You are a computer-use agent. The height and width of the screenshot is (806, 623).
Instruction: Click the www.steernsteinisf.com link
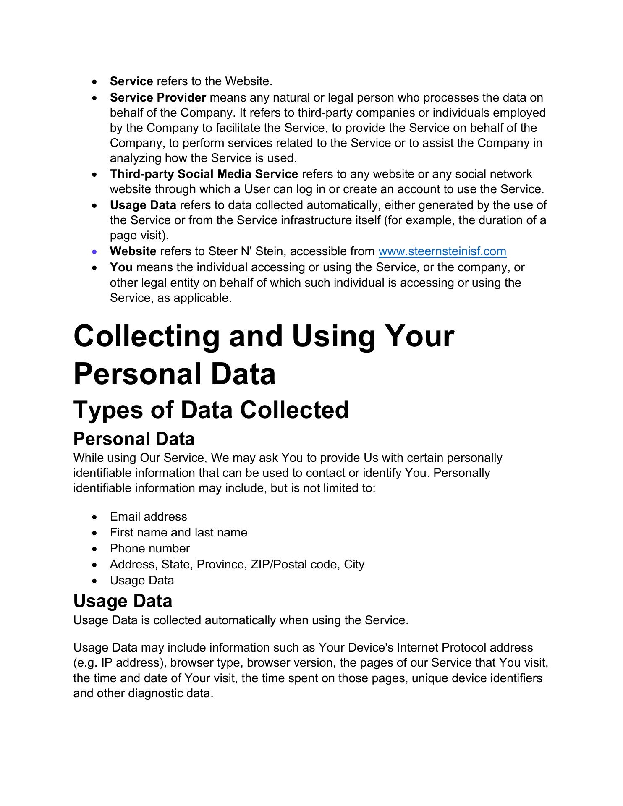(442, 251)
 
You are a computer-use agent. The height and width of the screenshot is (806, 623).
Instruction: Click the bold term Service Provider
(158, 97)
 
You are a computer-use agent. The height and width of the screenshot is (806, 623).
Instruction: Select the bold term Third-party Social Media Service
(204, 174)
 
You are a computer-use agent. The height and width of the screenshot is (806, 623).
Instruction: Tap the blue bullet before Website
(96, 252)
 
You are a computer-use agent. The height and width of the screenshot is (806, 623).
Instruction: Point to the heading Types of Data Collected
(211, 410)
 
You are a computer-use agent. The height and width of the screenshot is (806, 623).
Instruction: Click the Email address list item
(148, 516)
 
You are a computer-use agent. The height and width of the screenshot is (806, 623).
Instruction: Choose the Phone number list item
(149, 548)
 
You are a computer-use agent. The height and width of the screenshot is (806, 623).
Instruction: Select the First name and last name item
(178, 532)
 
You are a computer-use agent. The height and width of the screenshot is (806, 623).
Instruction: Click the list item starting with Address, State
(237, 564)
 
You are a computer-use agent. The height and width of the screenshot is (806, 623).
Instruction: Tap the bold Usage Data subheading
(123, 601)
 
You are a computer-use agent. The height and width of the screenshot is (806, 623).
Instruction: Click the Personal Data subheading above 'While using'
(133, 439)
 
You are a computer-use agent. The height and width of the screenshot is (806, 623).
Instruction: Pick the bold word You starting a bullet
(121, 267)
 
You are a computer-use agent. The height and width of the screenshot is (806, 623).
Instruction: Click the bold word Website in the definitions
(133, 251)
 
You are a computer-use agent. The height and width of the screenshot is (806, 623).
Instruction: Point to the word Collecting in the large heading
(147, 336)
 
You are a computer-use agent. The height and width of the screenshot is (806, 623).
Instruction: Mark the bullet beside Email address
(96, 517)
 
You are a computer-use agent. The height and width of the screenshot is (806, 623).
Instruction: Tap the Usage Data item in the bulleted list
(142, 580)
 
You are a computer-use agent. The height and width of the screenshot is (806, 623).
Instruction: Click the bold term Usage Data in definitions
(143, 205)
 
